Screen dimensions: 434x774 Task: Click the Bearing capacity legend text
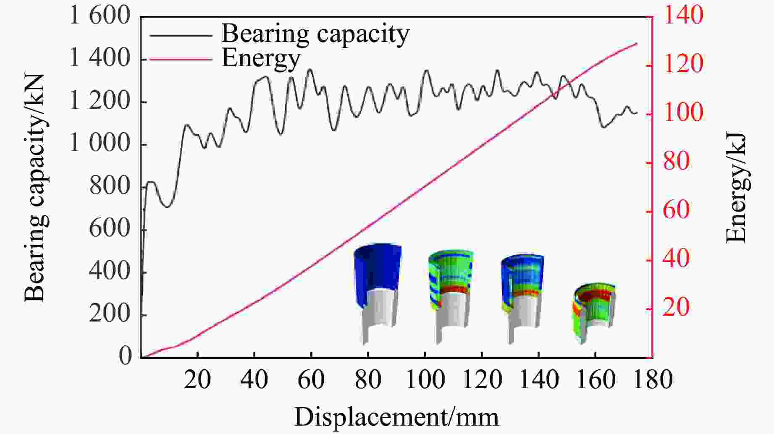pos(315,34)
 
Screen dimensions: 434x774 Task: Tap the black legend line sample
pos(181,35)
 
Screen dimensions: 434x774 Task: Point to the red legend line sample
pos(181,60)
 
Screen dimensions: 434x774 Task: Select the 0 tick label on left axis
pos(125,356)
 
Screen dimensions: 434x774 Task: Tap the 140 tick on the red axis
pos(682,16)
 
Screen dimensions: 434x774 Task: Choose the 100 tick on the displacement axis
pos(425,380)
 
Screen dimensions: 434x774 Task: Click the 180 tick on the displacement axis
pos(652,380)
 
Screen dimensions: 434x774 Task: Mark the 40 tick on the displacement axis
pos(255,380)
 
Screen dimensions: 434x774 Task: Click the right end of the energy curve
pos(637,43)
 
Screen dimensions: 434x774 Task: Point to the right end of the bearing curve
pos(637,113)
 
